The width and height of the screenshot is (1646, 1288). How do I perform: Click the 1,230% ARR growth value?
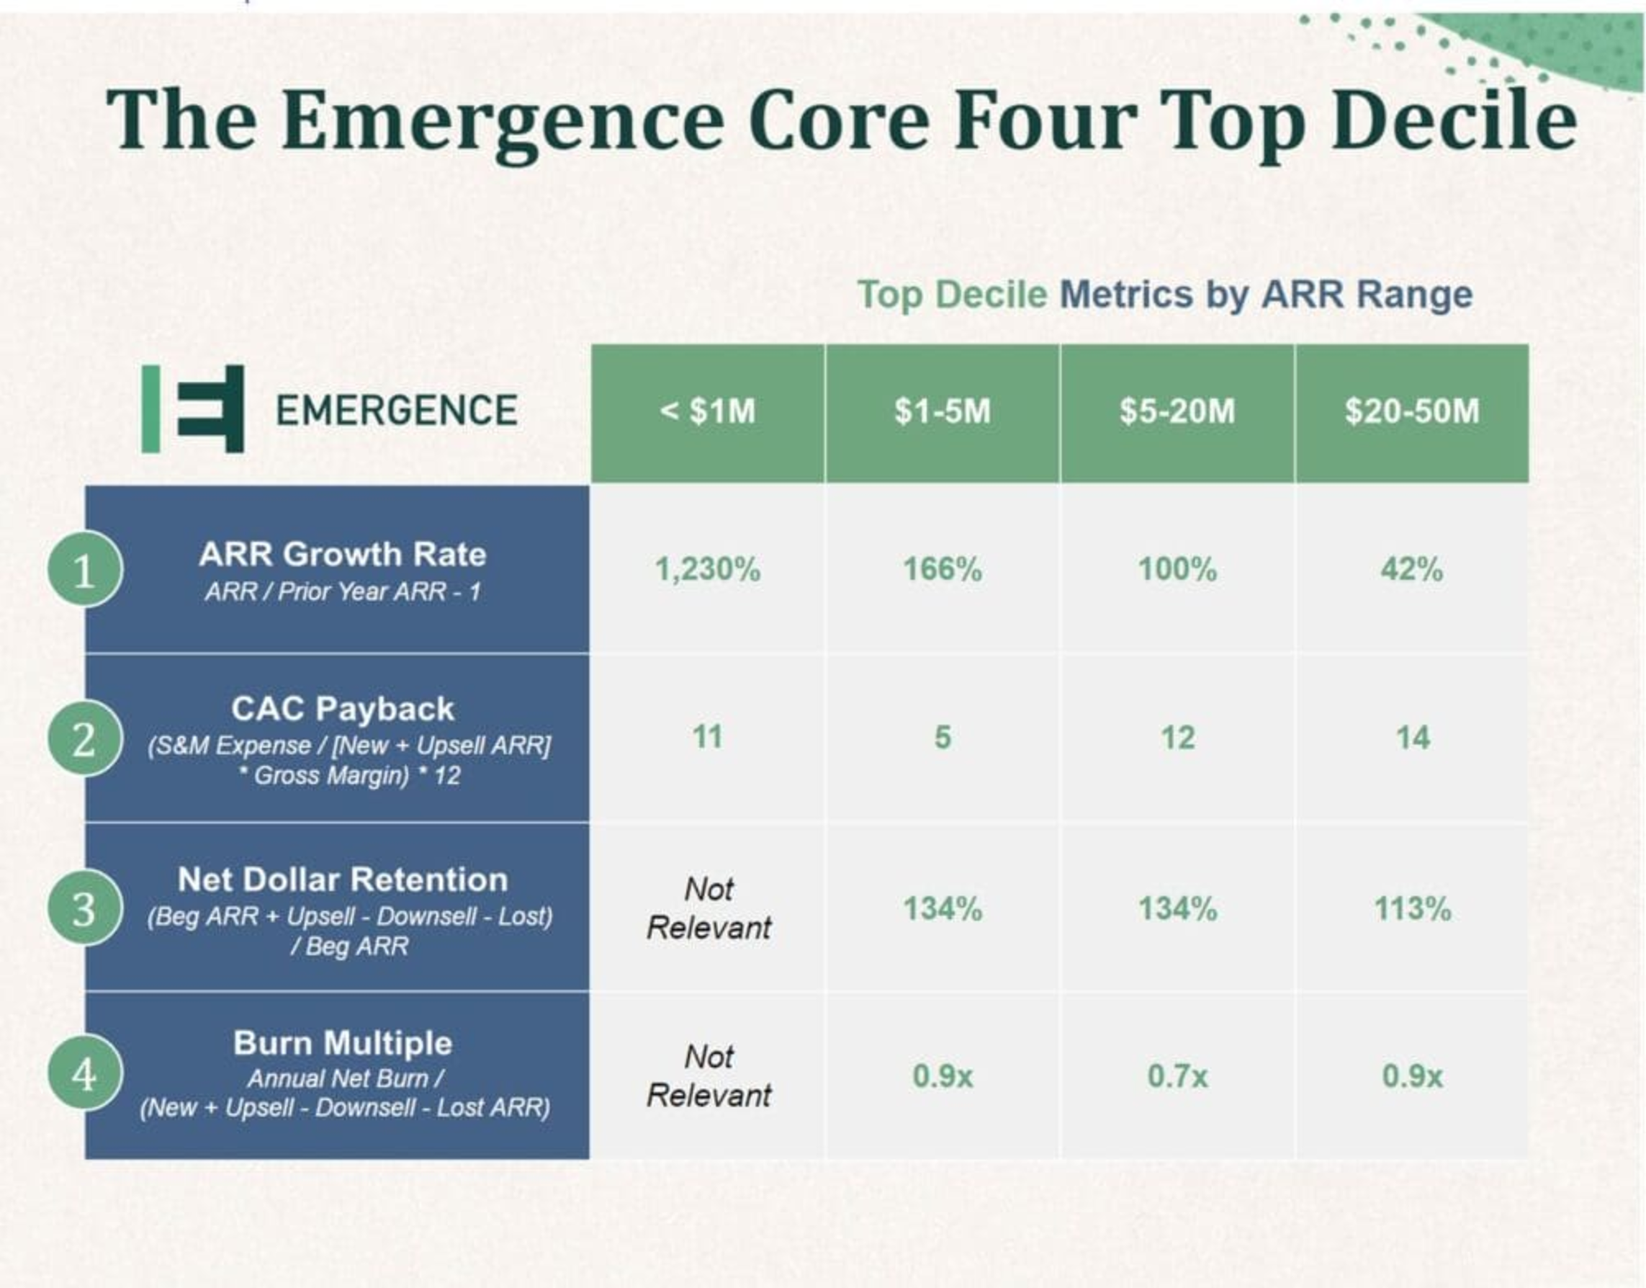click(x=707, y=569)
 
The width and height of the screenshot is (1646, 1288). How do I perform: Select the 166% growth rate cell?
click(x=942, y=569)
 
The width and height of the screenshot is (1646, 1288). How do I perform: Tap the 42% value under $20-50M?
click(x=1411, y=569)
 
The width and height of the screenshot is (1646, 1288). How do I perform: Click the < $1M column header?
click(x=707, y=412)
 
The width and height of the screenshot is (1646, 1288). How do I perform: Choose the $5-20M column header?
click(x=1177, y=412)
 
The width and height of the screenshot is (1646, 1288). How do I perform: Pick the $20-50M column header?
click(x=1411, y=412)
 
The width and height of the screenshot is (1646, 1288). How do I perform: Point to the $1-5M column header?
click(x=942, y=412)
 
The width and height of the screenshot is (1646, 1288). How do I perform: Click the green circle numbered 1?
click(x=84, y=571)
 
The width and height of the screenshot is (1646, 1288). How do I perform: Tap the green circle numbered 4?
click(x=84, y=1073)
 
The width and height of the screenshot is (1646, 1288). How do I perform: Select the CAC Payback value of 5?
click(x=942, y=738)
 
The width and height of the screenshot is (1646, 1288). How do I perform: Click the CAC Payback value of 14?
click(x=1411, y=738)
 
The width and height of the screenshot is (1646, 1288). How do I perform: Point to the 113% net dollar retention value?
click(x=1411, y=908)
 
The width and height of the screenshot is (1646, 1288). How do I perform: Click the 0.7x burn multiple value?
click(x=1177, y=1076)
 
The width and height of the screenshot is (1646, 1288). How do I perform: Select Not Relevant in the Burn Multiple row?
click(x=709, y=1076)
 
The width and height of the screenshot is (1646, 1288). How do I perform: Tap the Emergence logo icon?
click(x=194, y=408)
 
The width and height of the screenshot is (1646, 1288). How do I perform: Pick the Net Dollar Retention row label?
click(x=343, y=880)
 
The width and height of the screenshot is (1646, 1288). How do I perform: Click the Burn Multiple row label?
click(x=343, y=1044)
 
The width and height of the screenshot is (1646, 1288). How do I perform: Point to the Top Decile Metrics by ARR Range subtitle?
click(x=1164, y=294)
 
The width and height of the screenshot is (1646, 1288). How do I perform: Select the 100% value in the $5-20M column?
click(x=1177, y=569)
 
